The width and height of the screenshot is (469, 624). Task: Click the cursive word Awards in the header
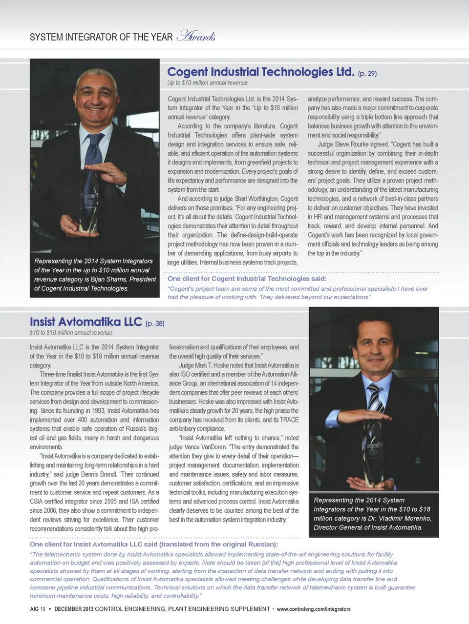click(x=197, y=36)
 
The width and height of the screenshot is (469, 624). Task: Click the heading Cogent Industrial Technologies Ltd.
click(x=260, y=72)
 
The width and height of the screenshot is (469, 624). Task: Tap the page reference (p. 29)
click(x=367, y=74)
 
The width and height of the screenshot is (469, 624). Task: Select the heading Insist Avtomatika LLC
click(x=85, y=322)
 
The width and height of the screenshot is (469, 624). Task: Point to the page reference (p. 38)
click(x=155, y=323)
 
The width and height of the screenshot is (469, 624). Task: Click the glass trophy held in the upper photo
click(x=89, y=200)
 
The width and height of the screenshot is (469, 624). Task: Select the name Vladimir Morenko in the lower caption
click(x=400, y=518)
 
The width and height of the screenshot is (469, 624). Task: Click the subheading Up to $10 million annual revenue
click(x=208, y=83)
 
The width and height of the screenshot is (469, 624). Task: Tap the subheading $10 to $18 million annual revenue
click(x=71, y=333)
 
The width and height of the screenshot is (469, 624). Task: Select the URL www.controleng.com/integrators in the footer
click(x=314, y=609)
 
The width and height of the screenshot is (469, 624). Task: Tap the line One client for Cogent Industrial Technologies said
click(x=247, y=279)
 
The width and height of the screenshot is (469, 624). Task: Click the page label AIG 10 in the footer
click(x=38, y=609)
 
